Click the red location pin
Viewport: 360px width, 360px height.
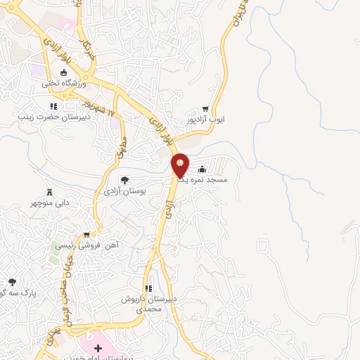(x=181, y=165)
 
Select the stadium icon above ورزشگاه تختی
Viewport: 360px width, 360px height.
(x=64, y=72)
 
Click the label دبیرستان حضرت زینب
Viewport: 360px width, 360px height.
(x=51, y=117)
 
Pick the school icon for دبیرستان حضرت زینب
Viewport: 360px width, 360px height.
(x=52, y=107)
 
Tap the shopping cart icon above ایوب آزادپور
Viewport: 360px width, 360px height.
(x=205, y=109)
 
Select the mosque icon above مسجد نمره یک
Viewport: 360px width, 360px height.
(x=202, y=169)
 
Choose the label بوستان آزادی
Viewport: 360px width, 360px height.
(x=124, y=191)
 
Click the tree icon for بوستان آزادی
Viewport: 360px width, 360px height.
(x=124, y=180)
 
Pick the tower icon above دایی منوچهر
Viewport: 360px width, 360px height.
(x=50, y=193)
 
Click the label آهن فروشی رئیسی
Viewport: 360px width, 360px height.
(x=85, y=246)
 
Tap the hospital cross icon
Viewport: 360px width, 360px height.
(x=97, y=349)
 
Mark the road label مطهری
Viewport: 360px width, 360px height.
(x=117, y=146)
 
